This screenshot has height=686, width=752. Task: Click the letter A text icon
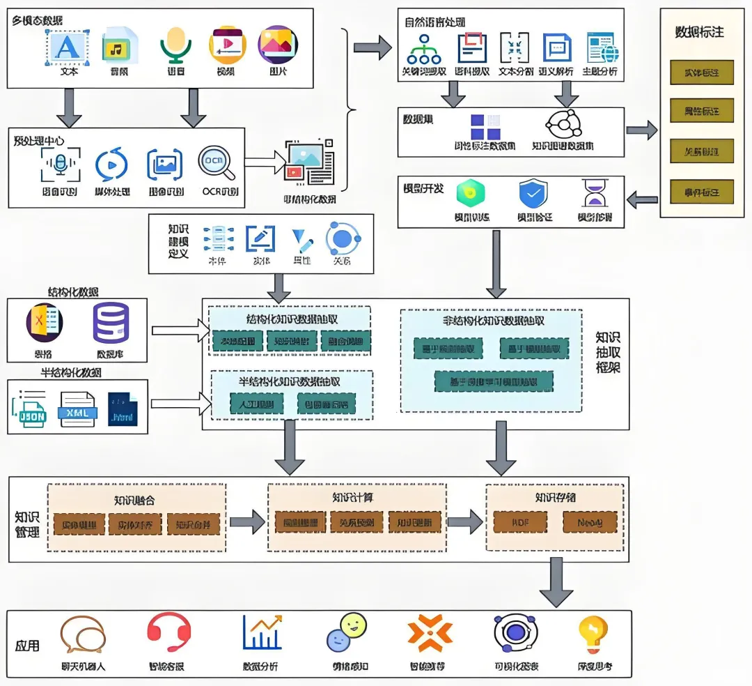68,46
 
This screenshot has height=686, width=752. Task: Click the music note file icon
120,47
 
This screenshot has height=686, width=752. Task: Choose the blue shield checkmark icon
533,195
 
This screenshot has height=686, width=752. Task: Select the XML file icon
77,409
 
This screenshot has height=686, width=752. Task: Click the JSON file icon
29,410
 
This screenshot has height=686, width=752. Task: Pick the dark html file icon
123,409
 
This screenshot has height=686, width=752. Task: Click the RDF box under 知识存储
520,521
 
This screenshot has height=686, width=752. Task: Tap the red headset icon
169,632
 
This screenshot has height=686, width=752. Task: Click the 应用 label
28,645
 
